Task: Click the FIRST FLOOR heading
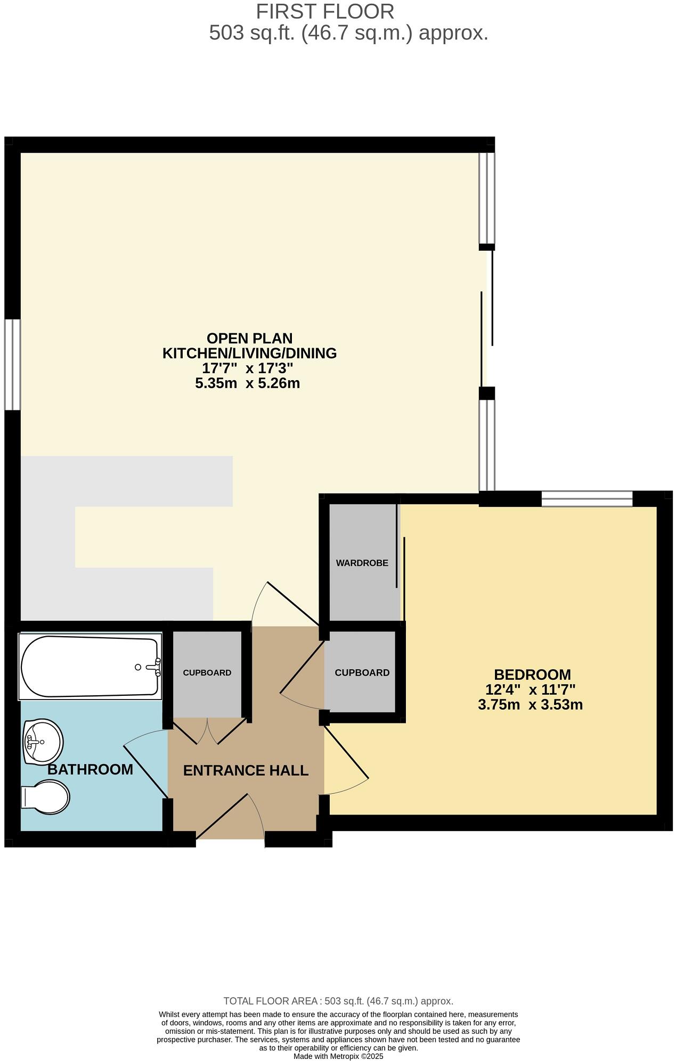click(x=325, y=12)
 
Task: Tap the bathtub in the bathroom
click(x=89, y=666)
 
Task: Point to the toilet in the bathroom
click(x=46, y=797)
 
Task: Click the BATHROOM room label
click(x=90, y=769)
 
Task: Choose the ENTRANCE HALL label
click(x=246, y=770)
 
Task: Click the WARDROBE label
click(x=362, y=563)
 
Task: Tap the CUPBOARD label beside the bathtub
click(x=207, y=673)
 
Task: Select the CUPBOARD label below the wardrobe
click(x=362, y=673)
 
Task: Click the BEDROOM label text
click(x=532, y=675)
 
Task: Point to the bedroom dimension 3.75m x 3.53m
click(x=530, y=705)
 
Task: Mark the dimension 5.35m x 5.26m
click(x=247, y=383)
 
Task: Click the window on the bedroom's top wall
click(x=587, y=499)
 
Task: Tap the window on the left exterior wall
click(x=12, y=364)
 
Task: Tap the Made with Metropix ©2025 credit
click(x=338, y=1056)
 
